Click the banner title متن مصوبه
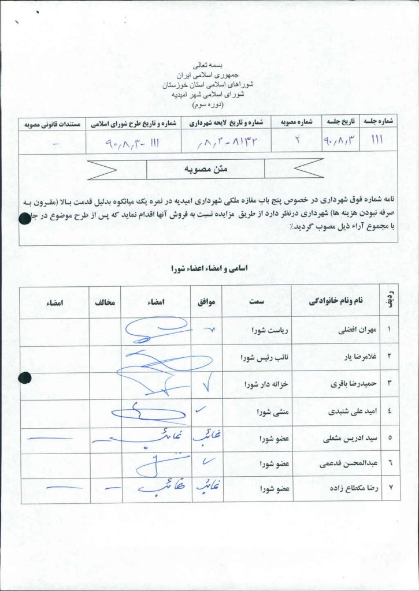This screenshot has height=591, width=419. tap(206, 169)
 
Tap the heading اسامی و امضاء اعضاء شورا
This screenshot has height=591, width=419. tap(209, 268)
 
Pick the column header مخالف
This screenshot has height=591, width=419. tap(105, 302)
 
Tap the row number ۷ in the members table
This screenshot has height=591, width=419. tap(391, 488)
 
